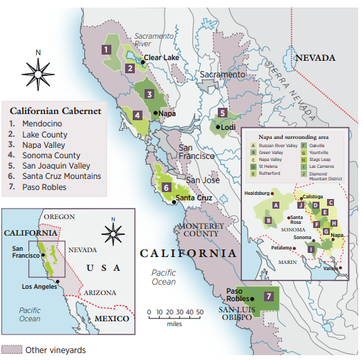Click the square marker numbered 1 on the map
(x=106, y=49)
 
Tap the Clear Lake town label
(x=161, y=58)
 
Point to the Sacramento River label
(x=152, y=39)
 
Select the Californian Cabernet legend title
(x=55, y=111)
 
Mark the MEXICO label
(x=111, y=319)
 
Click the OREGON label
(x=59, y=217)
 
